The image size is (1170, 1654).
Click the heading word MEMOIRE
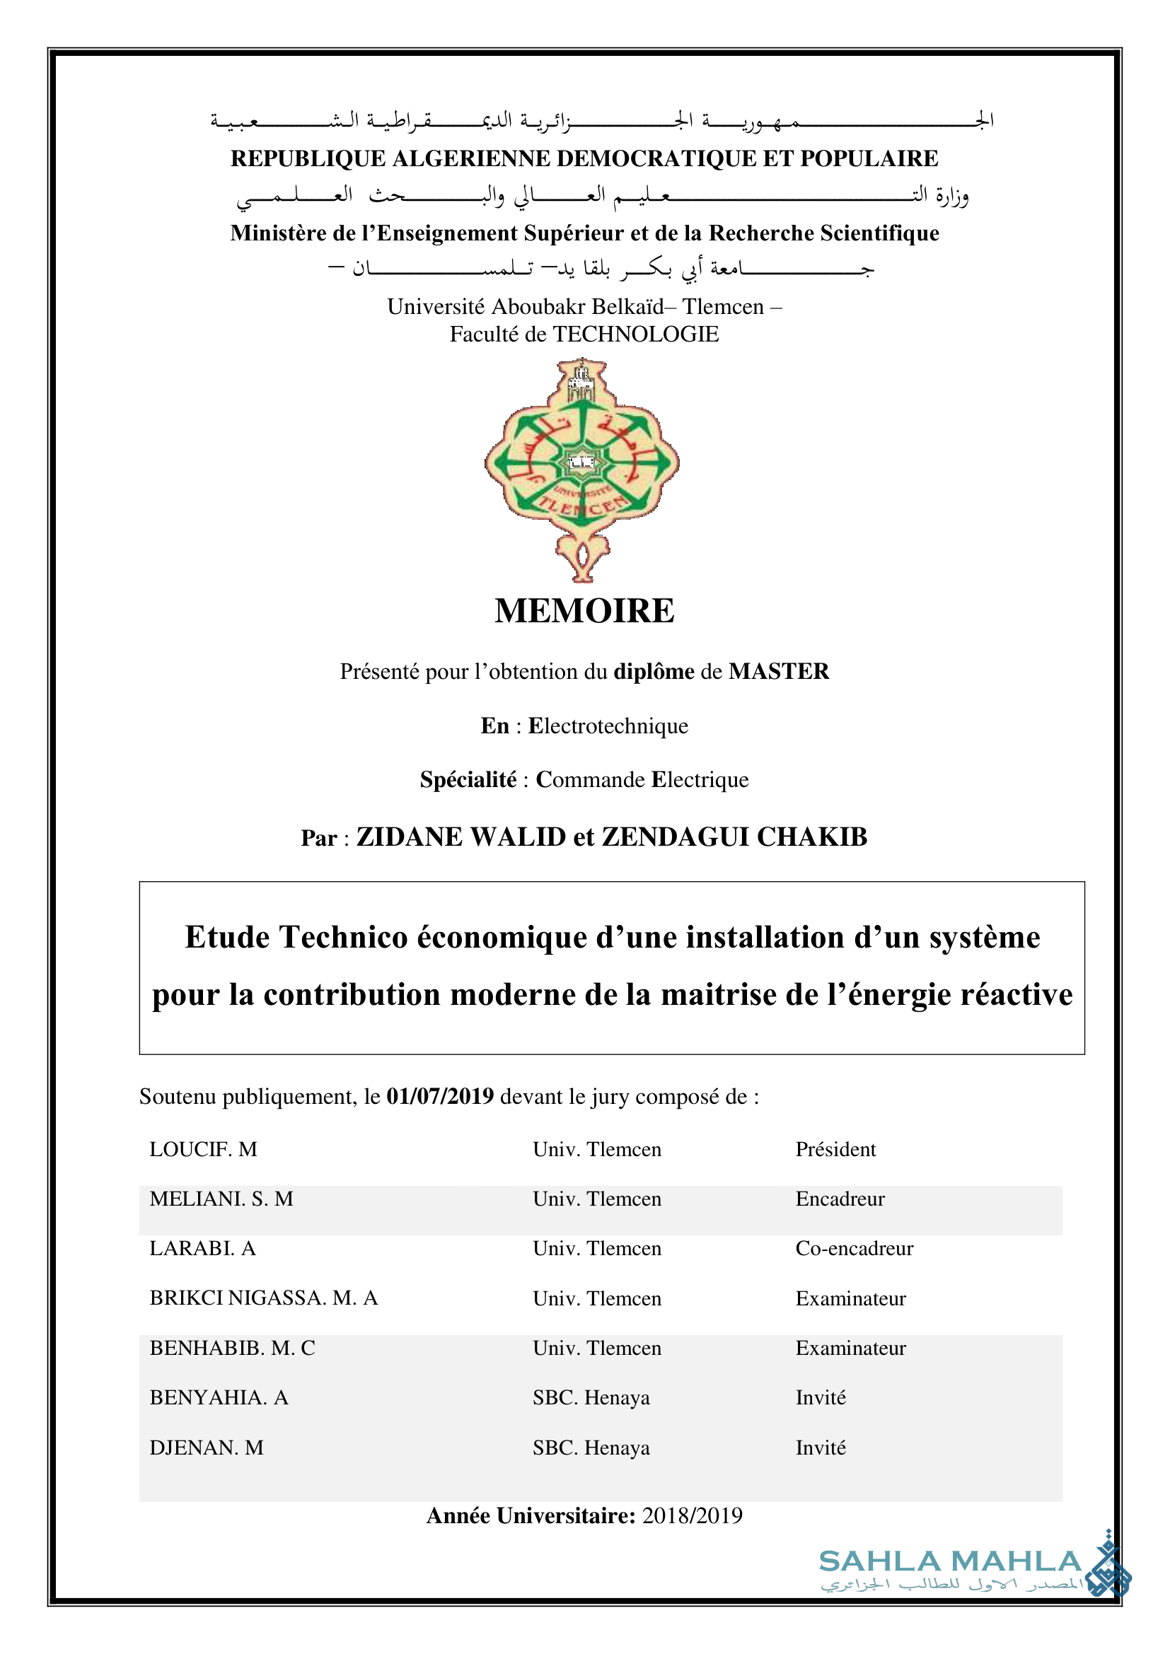point(584,611)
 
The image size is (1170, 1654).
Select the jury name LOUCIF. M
point(203,1149)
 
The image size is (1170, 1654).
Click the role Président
point(835,1149)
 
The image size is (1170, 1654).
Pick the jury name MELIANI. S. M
point(221,1199)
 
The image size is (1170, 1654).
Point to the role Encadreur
point(840,1199)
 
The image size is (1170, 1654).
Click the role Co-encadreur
point(854,1248)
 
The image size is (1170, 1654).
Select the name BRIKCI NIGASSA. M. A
point(263,1298)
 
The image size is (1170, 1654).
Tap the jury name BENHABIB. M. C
point(232,1348)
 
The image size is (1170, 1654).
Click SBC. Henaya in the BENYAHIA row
point(591,1397)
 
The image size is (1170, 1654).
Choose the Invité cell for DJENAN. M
point(820,1448)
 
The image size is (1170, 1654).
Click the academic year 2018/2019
point(692,1515)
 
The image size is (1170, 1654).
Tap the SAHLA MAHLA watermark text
point(949,1562)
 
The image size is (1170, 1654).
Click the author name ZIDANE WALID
point(461,837)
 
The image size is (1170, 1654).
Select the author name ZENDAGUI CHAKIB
point(734,837)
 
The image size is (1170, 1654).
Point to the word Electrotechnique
point(608,726)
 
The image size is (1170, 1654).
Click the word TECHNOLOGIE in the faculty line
point(635,334)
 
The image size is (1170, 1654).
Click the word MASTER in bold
point(779,671)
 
